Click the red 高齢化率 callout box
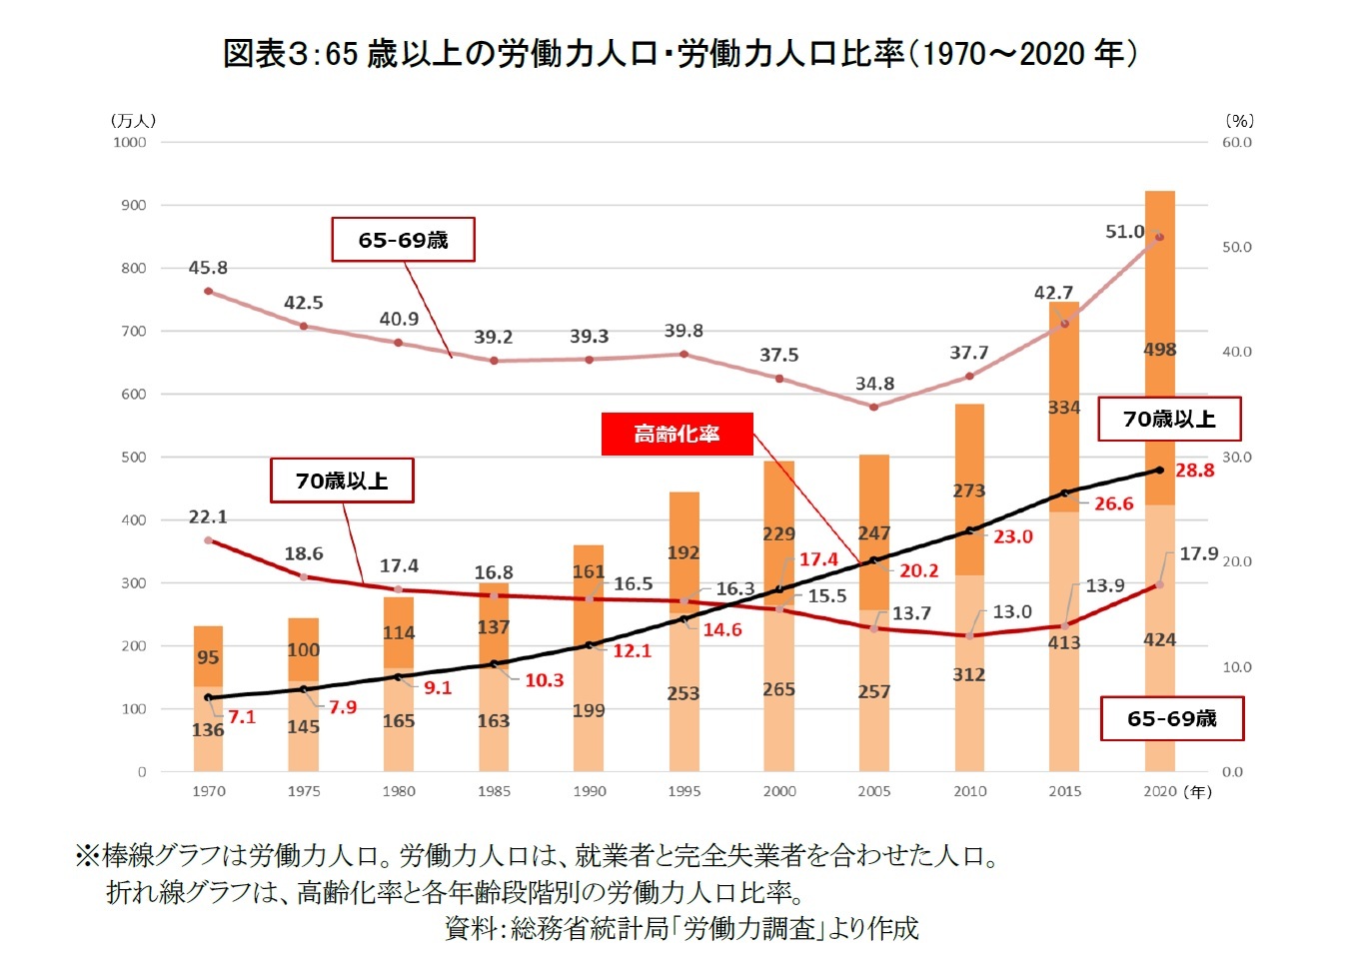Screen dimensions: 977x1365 (677, 435)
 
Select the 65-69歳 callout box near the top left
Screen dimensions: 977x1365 (403, 241)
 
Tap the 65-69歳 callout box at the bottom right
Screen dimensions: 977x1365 (1171, 718)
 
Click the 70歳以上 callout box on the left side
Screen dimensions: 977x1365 (342, 482)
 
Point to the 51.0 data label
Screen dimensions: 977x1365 (1124, 232)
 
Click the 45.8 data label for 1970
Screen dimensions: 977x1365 (208, 268)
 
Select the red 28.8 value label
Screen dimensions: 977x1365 (1194, 471)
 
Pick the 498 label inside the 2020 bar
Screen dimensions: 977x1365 (1159, 350)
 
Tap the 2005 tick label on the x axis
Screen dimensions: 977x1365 (873, 791)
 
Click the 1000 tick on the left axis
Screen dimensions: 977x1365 (129, 142)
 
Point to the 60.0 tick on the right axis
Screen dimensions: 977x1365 (1236, 142)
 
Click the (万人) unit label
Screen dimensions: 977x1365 (133, 121)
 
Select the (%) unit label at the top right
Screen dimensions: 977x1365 (1239, 121)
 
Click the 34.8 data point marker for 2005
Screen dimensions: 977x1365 (874, 407)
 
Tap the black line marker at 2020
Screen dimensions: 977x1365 (1159, 470)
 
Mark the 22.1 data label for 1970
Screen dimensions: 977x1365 (208, 517)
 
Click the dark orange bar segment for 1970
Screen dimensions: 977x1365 (208, 656)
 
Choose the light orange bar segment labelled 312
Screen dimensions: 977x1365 (969, 674)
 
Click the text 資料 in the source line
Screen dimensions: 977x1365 (470, 929)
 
